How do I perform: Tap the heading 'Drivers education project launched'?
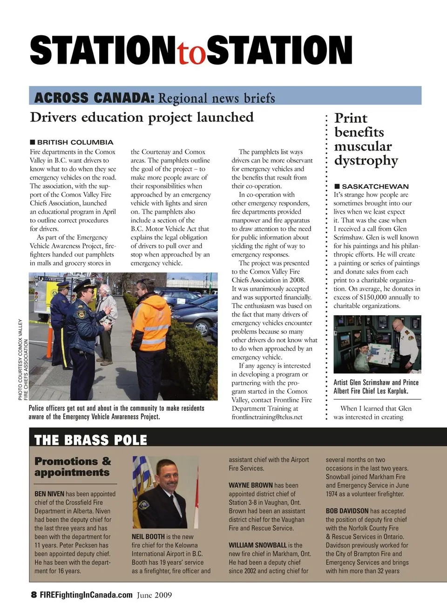coord(142,117)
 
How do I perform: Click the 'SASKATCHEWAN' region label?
coord(375,186)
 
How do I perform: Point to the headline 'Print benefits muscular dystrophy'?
coord(366,139)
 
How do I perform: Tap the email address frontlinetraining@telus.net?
coord(267,417)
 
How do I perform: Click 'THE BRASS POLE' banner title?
coord(91,440)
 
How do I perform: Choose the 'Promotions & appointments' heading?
coord(73,467)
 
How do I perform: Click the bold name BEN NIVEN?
coord(49,494)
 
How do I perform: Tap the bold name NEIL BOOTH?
coord(148,536)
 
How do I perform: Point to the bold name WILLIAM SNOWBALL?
coord(257,545)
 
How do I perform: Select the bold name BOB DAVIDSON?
coord(347,511)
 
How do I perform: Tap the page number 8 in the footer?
coord(34,595)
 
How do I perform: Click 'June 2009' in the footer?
coord(154,595)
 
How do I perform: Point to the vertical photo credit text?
coord(23,359)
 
